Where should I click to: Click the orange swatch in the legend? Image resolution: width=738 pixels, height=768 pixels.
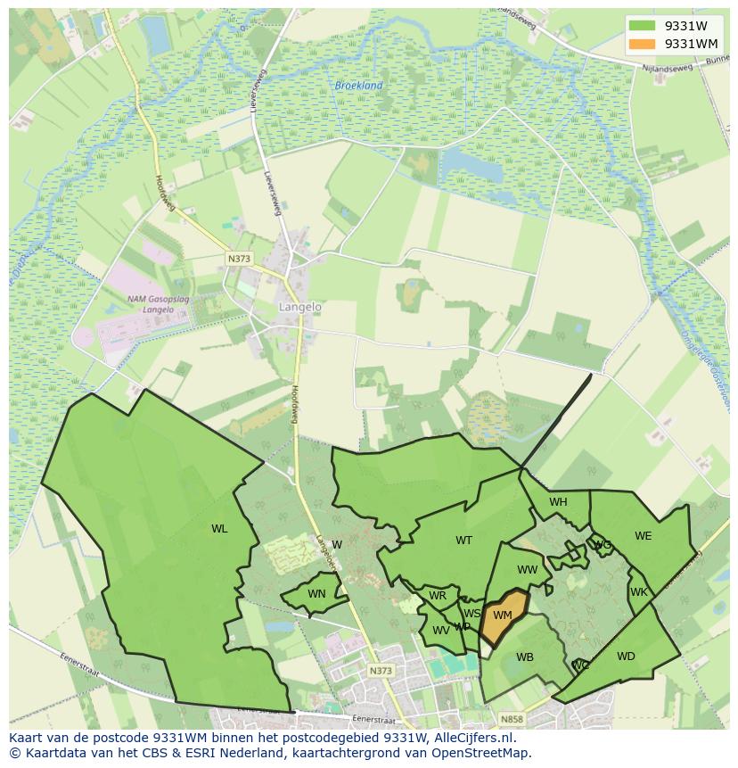point(641,44)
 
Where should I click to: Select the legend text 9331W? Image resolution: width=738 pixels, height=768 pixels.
point(685,26)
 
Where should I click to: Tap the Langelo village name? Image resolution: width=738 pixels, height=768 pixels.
point(299,306)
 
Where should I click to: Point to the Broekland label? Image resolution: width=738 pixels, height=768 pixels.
point(358,86)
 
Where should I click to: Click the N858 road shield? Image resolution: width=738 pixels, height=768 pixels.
point(511,719)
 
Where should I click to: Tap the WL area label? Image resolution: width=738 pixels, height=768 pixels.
point(219,529)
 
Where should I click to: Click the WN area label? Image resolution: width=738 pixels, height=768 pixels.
point(316,594)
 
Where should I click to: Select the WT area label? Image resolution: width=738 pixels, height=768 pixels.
point(463,541)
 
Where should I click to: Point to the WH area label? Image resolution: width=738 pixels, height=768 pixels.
point(558,502)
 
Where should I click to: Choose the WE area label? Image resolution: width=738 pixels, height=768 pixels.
point(643,536)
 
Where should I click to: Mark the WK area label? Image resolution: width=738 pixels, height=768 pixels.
point(638,592)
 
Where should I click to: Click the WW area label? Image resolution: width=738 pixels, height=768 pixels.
point(527,570)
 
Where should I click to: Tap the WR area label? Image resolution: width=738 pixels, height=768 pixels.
point(437,596)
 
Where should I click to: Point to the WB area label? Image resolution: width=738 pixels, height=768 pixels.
point(525,657)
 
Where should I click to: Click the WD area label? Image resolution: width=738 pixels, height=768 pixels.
point(626,657)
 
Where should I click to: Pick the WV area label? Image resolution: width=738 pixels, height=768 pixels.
point(440,630)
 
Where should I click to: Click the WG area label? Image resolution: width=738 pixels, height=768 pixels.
point(603,545)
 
